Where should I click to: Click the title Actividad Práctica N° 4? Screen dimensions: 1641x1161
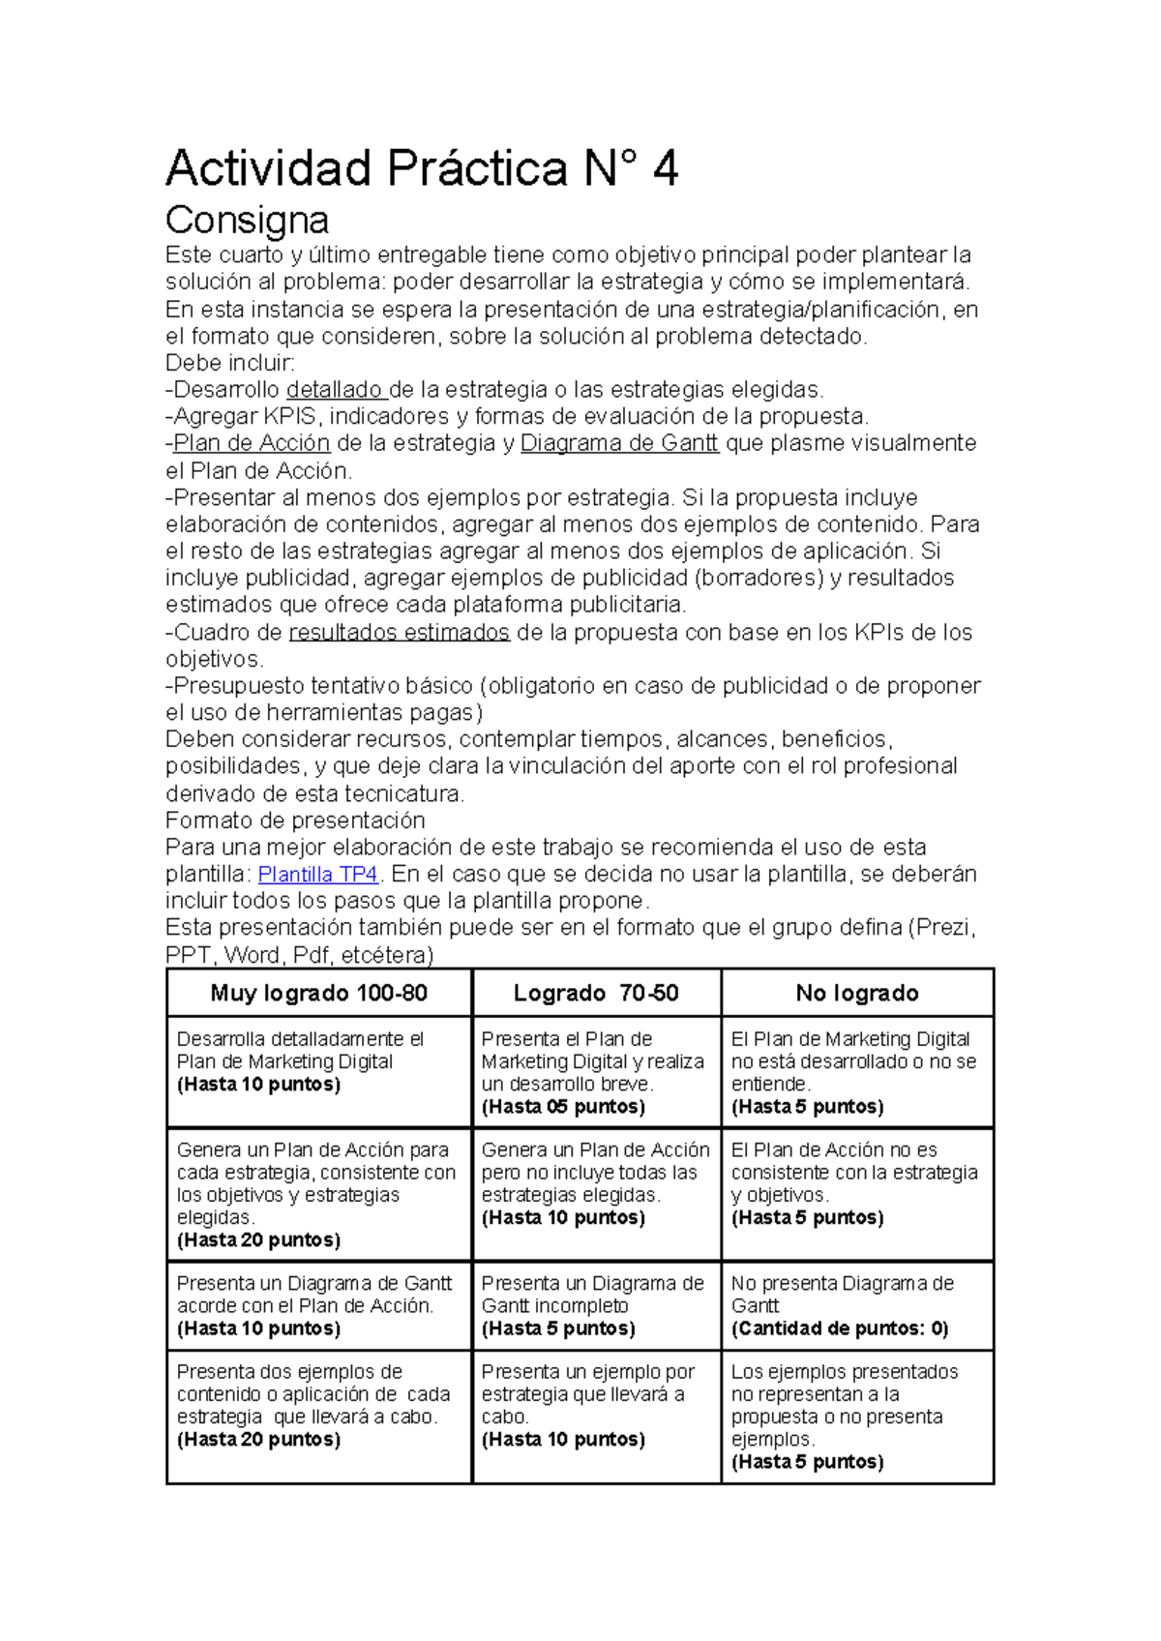(422, 168)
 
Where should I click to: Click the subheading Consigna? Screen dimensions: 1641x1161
(247, 220)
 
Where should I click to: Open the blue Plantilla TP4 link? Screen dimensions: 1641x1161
(317, 874)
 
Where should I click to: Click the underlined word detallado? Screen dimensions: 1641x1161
(335, 390)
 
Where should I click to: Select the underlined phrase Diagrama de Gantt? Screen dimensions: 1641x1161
(619, 443)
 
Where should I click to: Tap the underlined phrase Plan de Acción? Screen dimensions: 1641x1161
(252, 443)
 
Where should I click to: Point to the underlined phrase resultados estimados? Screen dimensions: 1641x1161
(399, 632)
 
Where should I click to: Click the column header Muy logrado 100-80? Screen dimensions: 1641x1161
(318, 993)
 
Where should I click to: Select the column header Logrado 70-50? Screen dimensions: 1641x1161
(595, 993)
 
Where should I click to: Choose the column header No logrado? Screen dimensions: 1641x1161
(857, 993)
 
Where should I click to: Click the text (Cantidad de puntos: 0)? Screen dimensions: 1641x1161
(840, 1328)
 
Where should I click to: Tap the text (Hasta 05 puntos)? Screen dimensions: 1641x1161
(563, 1106)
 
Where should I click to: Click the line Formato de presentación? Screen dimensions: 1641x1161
(295, 820)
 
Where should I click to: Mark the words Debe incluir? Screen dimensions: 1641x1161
(229, 363)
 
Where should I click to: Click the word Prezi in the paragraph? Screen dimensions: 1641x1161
(943, 928)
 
